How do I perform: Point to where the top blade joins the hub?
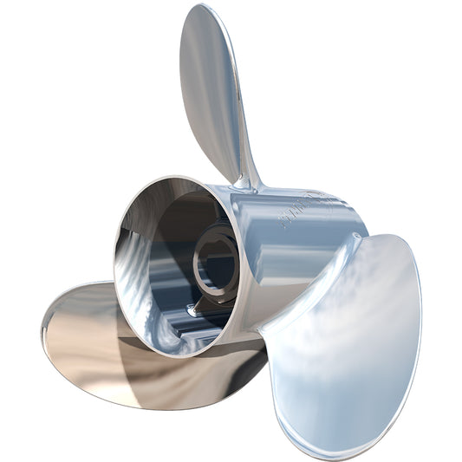(x=250, y=182)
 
